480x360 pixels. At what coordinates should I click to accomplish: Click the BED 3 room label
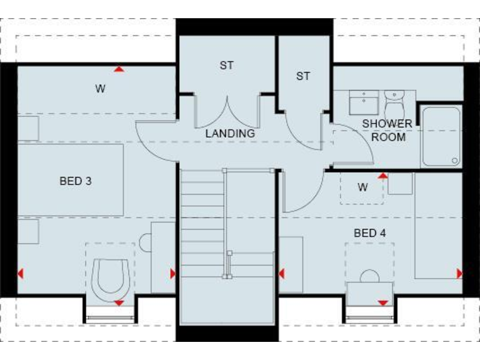coord(76,181)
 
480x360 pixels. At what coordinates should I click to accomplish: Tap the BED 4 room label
coord(370,233)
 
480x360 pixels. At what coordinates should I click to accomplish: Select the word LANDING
coord(231,133)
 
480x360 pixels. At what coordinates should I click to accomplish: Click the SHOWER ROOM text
coord(387,130)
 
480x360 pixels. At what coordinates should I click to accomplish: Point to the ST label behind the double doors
coord(226,65)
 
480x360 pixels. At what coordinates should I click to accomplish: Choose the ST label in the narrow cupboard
coord(303,76)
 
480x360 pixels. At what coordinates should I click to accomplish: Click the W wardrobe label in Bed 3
coord(100,89)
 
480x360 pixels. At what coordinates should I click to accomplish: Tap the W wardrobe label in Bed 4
coord(362,187)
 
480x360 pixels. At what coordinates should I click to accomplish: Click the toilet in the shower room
coord(394,101)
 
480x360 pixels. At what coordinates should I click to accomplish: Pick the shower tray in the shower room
coord(441,136)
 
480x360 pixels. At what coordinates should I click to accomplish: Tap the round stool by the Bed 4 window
coord(370,276)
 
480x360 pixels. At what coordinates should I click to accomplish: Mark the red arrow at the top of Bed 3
coord(119,69)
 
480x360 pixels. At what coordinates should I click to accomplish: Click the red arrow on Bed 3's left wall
coord(21,273)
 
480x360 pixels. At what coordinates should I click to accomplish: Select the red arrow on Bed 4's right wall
coord(459,273)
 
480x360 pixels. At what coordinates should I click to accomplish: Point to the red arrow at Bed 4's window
coord(382,303)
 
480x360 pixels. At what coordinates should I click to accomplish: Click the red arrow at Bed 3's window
coord(119,303)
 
